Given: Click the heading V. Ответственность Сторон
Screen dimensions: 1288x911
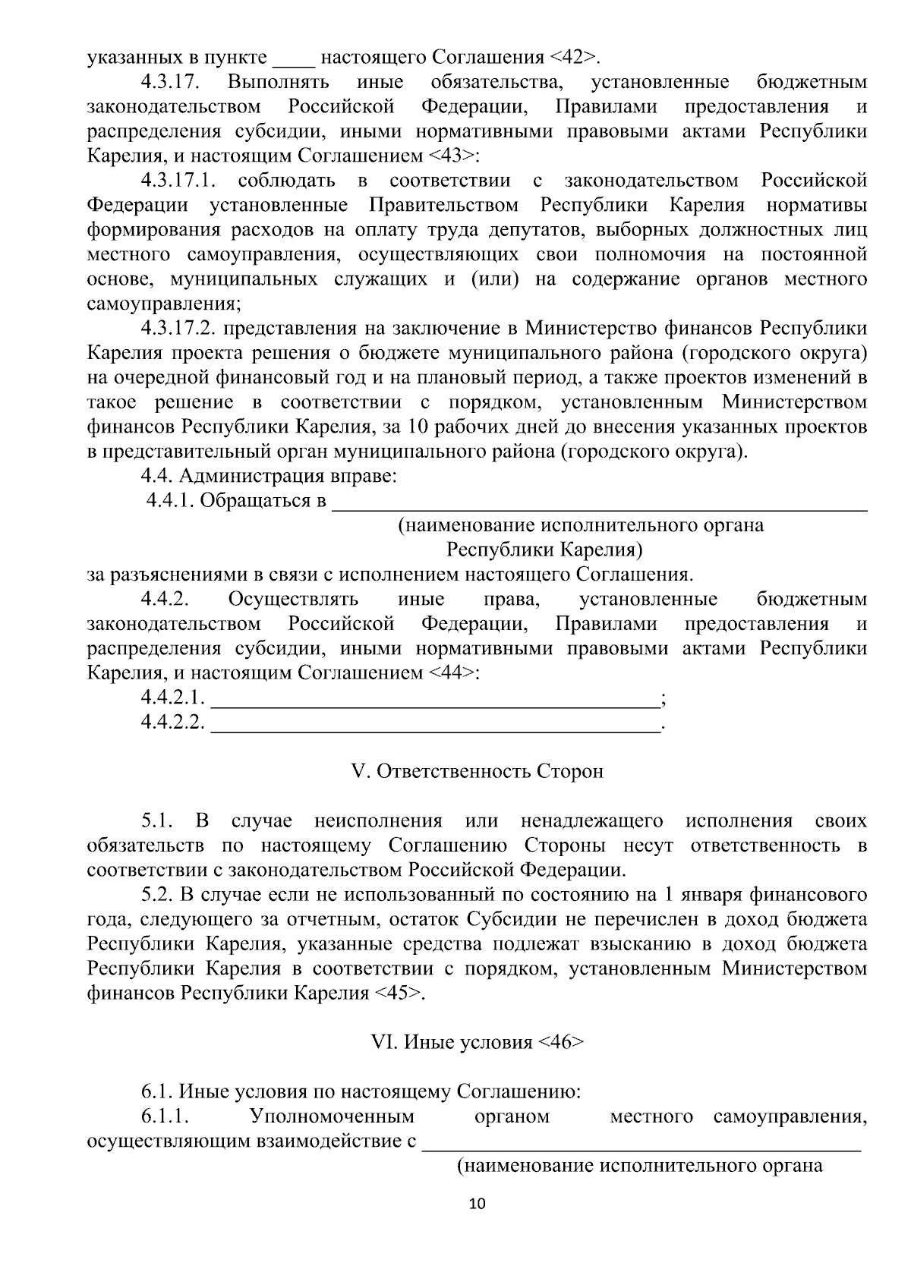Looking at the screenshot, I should [x=478, y=772].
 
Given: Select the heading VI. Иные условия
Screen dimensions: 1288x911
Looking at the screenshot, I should [x=478, y=1042].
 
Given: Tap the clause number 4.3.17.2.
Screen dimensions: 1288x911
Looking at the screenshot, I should [x=179, y=329].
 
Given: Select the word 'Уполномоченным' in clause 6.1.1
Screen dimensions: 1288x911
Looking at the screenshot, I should [x=332, y=1116].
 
